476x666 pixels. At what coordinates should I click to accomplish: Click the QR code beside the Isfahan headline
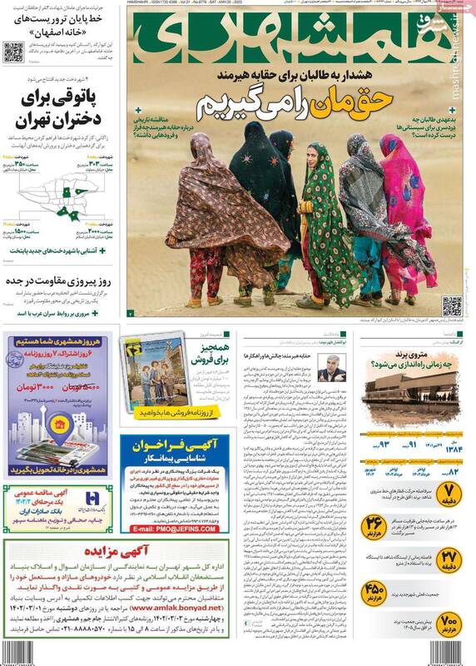click(13, 52)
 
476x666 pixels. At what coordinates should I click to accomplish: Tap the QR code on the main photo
click(452, 306)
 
